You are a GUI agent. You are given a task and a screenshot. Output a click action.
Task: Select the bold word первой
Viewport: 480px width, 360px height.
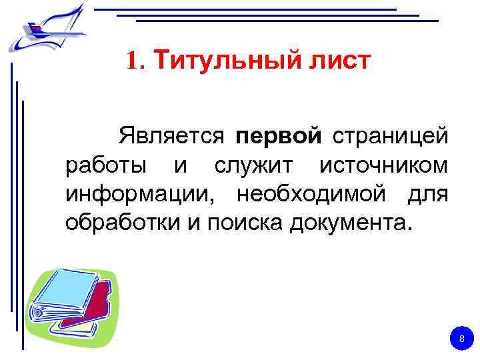pyautogui.click(x=279, y=137)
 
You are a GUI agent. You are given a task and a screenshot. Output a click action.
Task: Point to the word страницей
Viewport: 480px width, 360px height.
pyautogui.click(x=390, y=137)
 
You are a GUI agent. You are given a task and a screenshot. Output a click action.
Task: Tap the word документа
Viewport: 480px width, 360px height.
pyautogui.click(x=351, y=222)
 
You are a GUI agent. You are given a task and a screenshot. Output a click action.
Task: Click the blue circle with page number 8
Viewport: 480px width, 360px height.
pyautogui.click(x=459, y=340)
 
